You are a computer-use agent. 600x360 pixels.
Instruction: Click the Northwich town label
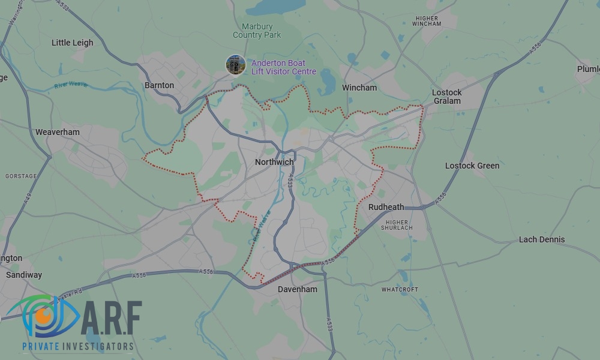pyautogui.click(x=274, y=163)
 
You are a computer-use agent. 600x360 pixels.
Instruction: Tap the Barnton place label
pyautogui.click(x=159, y=85)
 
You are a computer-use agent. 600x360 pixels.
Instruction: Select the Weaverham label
pyautogui.click(x=58, y=132)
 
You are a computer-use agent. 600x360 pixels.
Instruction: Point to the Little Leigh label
pyautogui.click(x=73, y=43)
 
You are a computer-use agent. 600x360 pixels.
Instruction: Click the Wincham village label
pyautogui.click(x=359, y=88)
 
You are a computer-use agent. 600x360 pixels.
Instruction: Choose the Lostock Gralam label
pyautogui.click(x=447, y=97)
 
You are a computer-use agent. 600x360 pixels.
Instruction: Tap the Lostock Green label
pyautogui.click(x=472, y=166)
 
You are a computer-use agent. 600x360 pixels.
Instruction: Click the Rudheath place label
pyautogui.click(x=386, y=207)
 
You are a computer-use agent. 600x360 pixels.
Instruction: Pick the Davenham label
pyautogui.click(x=298, y=289)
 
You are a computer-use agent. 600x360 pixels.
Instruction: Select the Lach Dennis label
pyautogui.click(x=542, y=239)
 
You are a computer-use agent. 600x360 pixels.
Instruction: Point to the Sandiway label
pyautogui.click(x=24, y=275)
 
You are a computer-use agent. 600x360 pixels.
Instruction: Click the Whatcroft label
pyautogui.click(x=400, y=290)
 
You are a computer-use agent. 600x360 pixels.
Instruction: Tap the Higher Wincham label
pyautogui.click(x=436, y=21)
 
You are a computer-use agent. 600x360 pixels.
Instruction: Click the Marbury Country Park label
pyautogui.click(x=257, y=31)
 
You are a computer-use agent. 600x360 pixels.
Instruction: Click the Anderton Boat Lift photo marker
pyautogui.click(x=235, y=65)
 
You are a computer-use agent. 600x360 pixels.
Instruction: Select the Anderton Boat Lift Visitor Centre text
pyautogui.click(x=283, y=67)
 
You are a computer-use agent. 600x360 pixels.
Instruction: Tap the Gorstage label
pyautogui.click(x=20, y=176)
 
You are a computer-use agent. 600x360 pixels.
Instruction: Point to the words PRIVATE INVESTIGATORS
pyautogui.click(x=77, y=347)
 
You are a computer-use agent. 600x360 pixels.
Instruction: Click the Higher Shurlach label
pyautogui.click(x=397, y=225)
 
